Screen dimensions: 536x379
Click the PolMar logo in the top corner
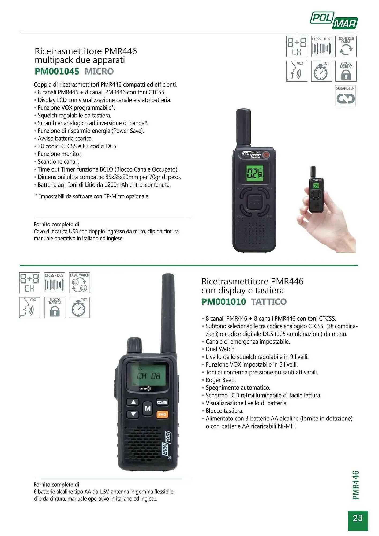click(334, 20)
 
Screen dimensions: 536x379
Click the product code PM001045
click(57, 72)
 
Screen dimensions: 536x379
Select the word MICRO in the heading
click(99, 72)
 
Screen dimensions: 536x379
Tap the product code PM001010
click(224, 302)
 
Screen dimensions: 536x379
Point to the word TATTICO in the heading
click(269, 302)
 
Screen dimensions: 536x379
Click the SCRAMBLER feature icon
click(345, 96)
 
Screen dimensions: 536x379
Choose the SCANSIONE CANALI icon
click(346, 47)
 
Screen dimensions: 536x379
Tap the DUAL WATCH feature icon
click(80, 283)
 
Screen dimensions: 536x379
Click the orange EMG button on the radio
click(162, 414)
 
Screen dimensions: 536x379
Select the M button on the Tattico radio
click(148, 408)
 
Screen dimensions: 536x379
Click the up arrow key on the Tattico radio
click(133, 402)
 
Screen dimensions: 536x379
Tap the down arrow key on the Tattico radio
click(133, 414)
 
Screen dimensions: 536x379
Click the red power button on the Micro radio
click(266, 155)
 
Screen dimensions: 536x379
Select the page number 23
click(358, 518)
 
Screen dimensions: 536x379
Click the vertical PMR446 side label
click(356, 485)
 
